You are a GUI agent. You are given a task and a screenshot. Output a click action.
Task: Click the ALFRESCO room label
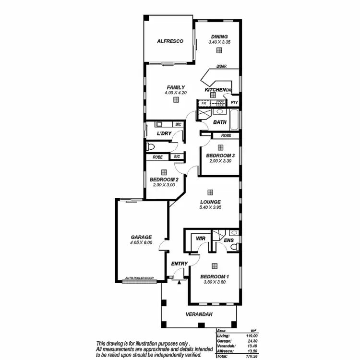pos(170,42)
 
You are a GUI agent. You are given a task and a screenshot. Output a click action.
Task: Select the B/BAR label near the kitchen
pos(221,67)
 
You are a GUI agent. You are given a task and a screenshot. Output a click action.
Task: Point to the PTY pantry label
pos(234,103)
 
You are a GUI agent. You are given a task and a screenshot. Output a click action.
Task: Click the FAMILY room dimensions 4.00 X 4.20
pos(176,92)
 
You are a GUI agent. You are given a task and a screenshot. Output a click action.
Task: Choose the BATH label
pos(220,122)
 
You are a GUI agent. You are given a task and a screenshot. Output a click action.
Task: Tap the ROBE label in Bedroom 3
pos(227,136)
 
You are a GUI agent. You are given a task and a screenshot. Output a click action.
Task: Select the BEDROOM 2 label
pos(164,180)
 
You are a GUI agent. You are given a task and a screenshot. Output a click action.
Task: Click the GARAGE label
pos(141,237)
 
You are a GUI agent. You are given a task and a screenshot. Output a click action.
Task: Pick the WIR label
pos(201,238)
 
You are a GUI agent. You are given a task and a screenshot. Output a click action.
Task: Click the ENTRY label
pos(179,264)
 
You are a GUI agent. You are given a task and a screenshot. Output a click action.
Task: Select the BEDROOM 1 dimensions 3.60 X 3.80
pos(214,282)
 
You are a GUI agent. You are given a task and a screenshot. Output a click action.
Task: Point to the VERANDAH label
pos(198,315)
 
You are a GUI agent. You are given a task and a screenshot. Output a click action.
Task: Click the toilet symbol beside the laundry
pos(151,145)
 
